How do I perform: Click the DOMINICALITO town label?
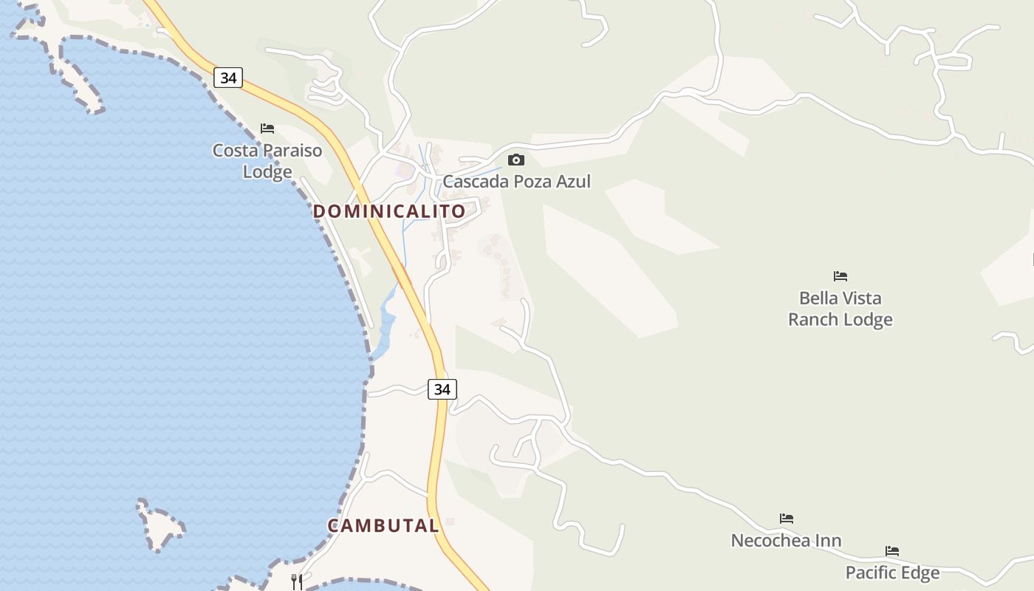click(x=389, y=211)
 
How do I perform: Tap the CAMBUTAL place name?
click(x=383, y=526)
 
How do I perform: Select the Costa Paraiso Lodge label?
click(x=267, y=161)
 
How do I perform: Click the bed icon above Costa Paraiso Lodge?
click(x=267, y=129)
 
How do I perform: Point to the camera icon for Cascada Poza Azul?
click(x=516, y=160)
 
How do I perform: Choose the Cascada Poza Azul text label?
click(x=516, y=181)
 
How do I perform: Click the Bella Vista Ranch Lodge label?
click(x=840, y=309)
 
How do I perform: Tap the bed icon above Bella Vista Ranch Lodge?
click(x=840, y=276)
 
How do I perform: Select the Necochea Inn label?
click(x=786, y=541)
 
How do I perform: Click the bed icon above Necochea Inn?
click(x=787, y=519)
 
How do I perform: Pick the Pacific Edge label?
click(x=892, y=573)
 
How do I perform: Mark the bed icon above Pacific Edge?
click(x=892, y=551)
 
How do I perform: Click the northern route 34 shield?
click(x=228, y=78)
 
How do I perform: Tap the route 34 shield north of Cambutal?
click(x=442, y=389)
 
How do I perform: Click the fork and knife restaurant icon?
click(x=297, y=581)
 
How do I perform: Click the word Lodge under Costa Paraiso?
click(x=267, y=172)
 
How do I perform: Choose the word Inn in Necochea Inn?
click(x=828, y=541)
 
